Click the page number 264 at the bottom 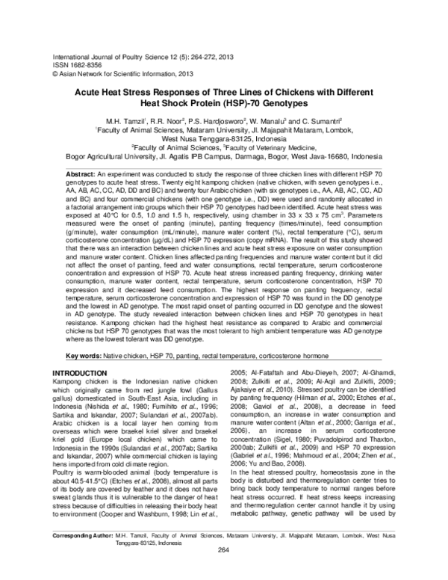click(223, 572)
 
